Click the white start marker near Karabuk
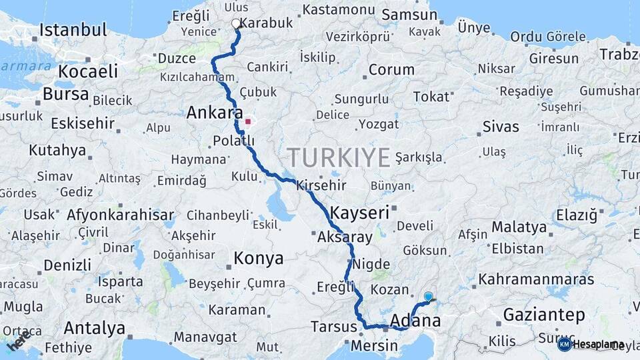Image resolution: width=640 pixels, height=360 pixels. click(235, 24)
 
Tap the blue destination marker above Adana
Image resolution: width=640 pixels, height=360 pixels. click(428, 297)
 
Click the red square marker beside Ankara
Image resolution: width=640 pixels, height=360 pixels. click(248, 121)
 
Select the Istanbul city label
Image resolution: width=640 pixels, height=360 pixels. click(73, 30)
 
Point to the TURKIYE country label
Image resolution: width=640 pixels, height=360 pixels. click(339, 158)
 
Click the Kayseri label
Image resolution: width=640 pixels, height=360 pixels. click(360, 213)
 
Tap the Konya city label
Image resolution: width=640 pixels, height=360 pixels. click(258, 259)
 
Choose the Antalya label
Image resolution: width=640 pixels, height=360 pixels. click(95, 328)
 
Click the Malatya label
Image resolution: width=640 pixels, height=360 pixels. click(519, 227)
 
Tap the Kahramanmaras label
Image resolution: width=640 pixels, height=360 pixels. click(536, 279)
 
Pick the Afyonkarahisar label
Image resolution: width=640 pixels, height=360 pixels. click(120, 215)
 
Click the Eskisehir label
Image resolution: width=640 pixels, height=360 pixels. click(82, 123)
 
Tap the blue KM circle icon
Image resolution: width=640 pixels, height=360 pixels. click(564, 344)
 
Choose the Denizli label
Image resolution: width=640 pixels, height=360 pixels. click(67, 265)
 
